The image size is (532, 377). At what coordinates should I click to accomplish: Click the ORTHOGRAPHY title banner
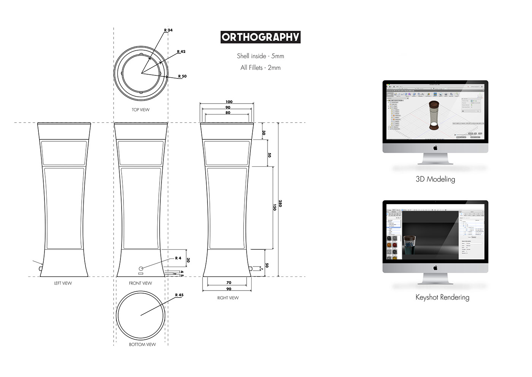pos(261,37)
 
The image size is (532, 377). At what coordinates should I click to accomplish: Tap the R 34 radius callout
pos(168,30)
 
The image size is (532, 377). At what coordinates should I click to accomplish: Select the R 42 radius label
pos(181,51)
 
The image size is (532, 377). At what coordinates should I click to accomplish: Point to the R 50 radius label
pos(182,76)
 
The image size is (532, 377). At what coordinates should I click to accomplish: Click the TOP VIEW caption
pos(141,110)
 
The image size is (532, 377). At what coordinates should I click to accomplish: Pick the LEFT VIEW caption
pos(63,283)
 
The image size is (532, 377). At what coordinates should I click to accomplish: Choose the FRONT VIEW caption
pos(140,283)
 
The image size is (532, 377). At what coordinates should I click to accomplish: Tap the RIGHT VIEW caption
pos(228,298)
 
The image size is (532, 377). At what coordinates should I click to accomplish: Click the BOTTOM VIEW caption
pos(142,344)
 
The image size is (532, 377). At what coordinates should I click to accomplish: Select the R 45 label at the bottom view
pos(179,295)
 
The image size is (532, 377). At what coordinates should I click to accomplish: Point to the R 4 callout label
pos(178,258)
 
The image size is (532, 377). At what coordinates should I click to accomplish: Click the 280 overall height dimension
pos(280,203)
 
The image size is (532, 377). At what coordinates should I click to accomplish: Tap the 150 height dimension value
pos(274,207)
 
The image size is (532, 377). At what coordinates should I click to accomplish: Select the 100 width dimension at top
pos(229,102)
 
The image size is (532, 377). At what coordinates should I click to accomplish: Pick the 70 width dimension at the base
pos(229,283)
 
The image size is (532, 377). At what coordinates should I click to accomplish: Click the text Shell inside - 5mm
pos(260,56)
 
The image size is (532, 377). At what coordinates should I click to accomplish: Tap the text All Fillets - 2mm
pos(260,67)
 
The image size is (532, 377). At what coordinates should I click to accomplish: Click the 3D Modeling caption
pos(435,179)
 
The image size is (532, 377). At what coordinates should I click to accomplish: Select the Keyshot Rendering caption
pos(442,297)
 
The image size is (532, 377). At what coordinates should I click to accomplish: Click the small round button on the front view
pos(141,268)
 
